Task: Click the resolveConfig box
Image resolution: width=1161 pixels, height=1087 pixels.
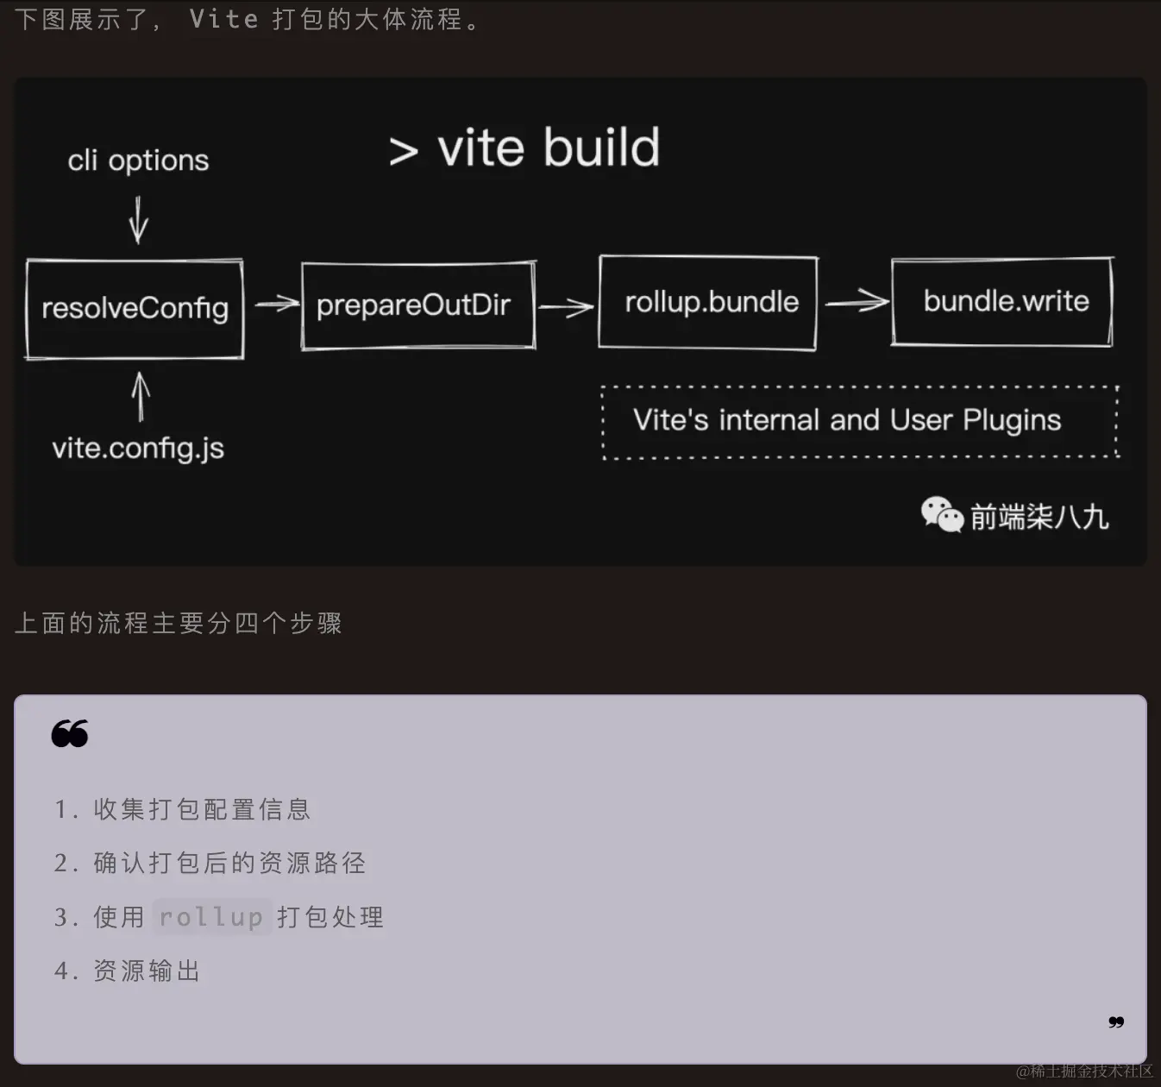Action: coord(135,309)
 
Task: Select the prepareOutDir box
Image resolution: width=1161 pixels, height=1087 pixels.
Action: coord(417,305)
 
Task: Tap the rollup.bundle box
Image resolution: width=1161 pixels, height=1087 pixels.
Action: coord(708,303)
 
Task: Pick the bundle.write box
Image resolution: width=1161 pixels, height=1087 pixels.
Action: coord(1002,301)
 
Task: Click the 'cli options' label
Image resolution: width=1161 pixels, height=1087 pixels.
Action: coord(138,160)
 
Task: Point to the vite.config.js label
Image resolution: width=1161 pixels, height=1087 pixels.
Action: coord(138,449)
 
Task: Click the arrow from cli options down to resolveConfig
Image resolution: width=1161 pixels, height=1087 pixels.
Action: coord(138,219)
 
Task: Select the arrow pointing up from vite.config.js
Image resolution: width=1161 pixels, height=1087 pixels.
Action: coord(141,396)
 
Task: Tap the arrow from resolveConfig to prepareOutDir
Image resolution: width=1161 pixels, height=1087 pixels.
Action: coord(276,304)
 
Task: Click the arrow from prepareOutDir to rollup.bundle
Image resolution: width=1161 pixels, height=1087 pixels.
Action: coord(566,306)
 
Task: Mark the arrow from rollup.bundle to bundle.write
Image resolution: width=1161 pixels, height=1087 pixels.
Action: coord(856,302)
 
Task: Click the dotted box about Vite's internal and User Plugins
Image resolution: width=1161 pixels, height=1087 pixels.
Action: coord(859,421)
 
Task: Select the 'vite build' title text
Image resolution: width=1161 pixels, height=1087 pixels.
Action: coord(548,148)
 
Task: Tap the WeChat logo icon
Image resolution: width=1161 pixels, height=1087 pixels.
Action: coord(941,515)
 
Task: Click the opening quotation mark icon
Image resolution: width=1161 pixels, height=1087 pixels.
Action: coord(70,733)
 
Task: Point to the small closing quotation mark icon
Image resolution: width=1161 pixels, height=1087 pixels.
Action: coord(1116,1022)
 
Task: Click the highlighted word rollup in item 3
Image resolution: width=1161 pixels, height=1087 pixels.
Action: coord(211,917)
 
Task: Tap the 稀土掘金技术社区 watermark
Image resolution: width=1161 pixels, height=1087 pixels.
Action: coord(1084,1071)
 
